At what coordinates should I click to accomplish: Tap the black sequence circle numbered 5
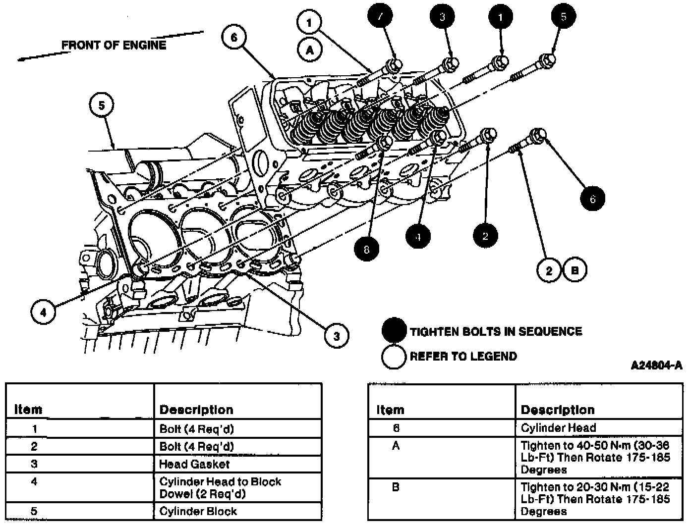(x=564, y=17)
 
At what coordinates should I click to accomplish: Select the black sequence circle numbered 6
(x=592, y=199)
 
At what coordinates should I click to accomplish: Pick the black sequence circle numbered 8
(x=367, y=249)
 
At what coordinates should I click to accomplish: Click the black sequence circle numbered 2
(x=485, y=235)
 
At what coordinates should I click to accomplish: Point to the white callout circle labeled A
(x=310, y=50)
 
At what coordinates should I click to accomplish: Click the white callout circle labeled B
(x=575, y=270)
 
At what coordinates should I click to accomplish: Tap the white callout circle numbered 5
(x=102, y=105)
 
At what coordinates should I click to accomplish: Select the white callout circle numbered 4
(x=44, y=313)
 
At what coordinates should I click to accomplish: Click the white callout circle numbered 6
(x=234, y=38)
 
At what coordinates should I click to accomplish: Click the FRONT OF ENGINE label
(x=114, y=45)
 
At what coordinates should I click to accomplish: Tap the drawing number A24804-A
(x=656, y=366)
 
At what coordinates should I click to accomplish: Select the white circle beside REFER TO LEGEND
(x=394, y=356)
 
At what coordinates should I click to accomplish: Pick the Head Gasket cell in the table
(x=194, y=464)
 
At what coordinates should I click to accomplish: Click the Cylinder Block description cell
(x=198, y=511)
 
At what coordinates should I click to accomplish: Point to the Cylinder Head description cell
(x=558, y=427)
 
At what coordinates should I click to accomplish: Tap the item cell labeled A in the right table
(x=396, y=446)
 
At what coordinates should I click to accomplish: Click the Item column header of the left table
(x=28, y=410)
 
